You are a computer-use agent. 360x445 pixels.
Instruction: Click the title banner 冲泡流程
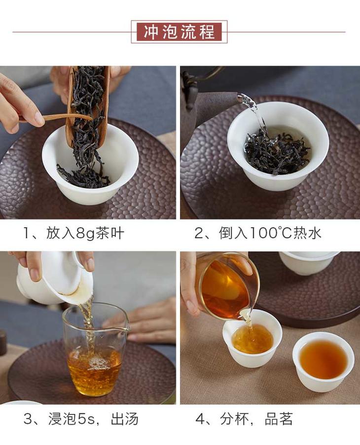pyautogui.click(x=179, y=32)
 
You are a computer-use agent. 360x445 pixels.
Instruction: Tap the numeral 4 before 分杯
pyautogui.click(x=200, y=419)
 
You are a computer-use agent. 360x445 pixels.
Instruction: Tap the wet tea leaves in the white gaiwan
pyautogui.click(x=277, y=150)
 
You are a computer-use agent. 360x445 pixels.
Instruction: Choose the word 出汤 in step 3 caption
pyautogui.click(x=124, y=419)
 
